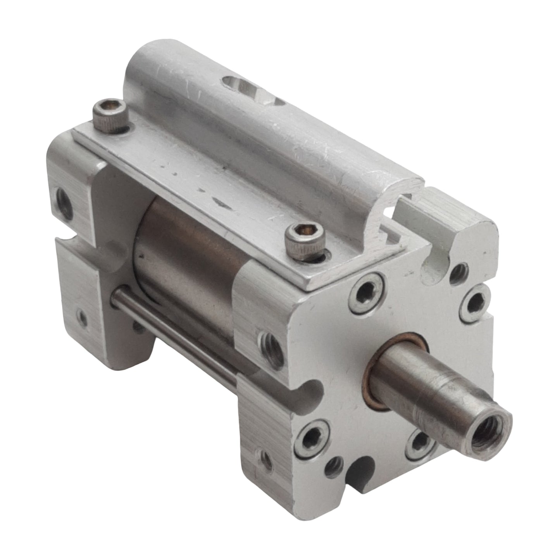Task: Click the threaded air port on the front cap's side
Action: tap(271, 343)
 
